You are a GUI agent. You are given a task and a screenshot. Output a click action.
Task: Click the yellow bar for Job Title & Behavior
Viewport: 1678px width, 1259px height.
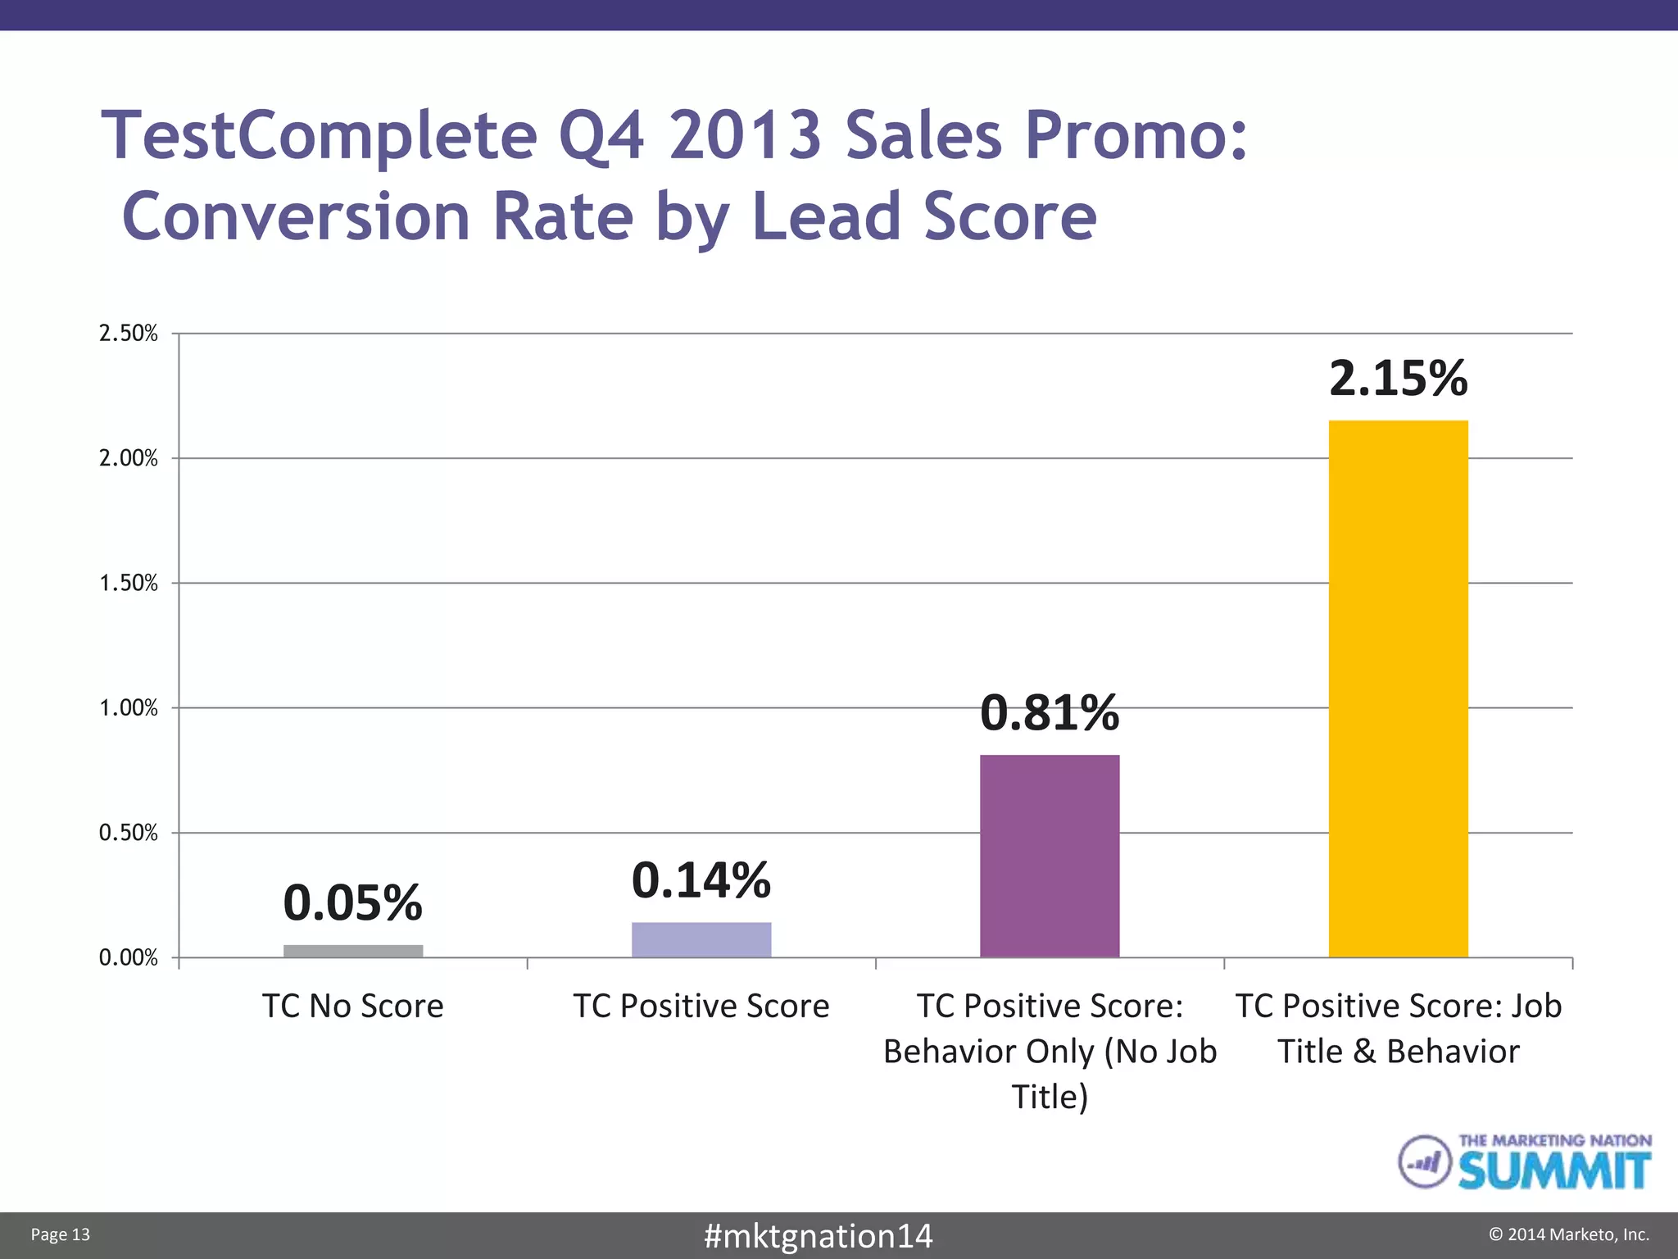tap(1398, 689)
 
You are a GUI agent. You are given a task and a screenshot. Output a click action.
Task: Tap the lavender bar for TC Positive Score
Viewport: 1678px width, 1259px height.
tap(701, 939)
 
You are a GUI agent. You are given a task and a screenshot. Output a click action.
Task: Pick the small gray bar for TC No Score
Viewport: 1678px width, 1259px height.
tap(353, 951)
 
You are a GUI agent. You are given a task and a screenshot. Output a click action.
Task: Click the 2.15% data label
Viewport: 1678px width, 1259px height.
tap(1398, 379)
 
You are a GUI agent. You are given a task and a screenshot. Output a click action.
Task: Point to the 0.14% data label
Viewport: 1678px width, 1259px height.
tap(701, 880)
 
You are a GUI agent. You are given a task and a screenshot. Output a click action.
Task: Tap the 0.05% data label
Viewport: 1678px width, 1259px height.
tap(353, 902)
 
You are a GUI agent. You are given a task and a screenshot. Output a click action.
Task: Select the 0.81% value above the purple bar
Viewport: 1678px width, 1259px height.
tap(1050, 712)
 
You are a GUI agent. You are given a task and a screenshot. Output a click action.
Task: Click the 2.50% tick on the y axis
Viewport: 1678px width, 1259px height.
tap(129, 334)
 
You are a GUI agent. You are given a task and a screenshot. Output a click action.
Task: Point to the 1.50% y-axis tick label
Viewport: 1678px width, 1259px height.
tap(129, 584)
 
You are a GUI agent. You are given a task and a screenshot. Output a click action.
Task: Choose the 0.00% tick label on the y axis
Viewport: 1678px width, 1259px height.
tap(129, 958)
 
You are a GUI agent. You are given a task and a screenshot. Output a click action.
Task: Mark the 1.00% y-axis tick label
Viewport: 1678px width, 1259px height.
tap(129, 708)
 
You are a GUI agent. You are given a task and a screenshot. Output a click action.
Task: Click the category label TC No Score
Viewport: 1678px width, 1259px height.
tap(353, 1007)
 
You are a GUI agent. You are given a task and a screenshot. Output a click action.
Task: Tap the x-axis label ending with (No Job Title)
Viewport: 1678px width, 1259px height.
tap(1050, 1052)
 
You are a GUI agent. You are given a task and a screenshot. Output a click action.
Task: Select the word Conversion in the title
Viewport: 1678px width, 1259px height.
tap(297, 216)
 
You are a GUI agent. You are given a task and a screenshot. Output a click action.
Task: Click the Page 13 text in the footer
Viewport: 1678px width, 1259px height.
tap(61, 1235)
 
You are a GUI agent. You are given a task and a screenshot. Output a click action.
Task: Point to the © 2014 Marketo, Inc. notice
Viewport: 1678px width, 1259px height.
tap(1568, 1235)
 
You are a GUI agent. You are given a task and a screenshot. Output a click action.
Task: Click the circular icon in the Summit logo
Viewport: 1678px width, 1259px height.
tap(1425, 1161)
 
